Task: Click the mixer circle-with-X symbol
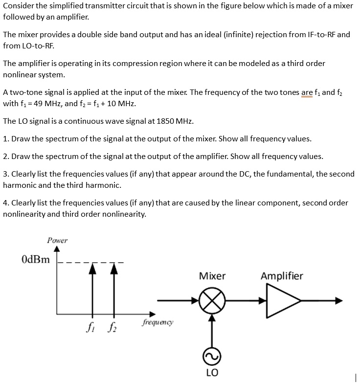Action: point(212,300)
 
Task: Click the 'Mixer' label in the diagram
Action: point(212,276)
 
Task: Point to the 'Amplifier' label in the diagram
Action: point(282,276)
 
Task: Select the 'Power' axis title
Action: point(57,240)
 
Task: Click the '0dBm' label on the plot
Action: point(36,259)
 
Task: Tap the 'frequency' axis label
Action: point(157,322)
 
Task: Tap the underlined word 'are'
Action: point(307,92)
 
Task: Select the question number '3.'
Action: point(6,174)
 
